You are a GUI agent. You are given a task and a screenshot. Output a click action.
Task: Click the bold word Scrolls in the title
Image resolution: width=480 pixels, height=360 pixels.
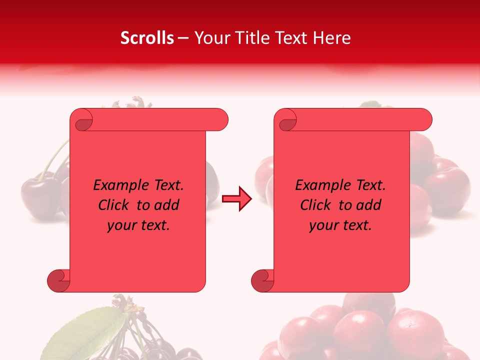147,38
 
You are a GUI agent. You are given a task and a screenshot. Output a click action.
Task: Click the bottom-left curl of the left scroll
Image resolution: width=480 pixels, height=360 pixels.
59,280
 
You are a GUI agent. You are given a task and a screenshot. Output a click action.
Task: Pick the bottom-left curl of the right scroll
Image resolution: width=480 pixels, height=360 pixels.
262,280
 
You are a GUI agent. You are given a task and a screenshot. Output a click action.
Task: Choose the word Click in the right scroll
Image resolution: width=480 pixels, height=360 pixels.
314,205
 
